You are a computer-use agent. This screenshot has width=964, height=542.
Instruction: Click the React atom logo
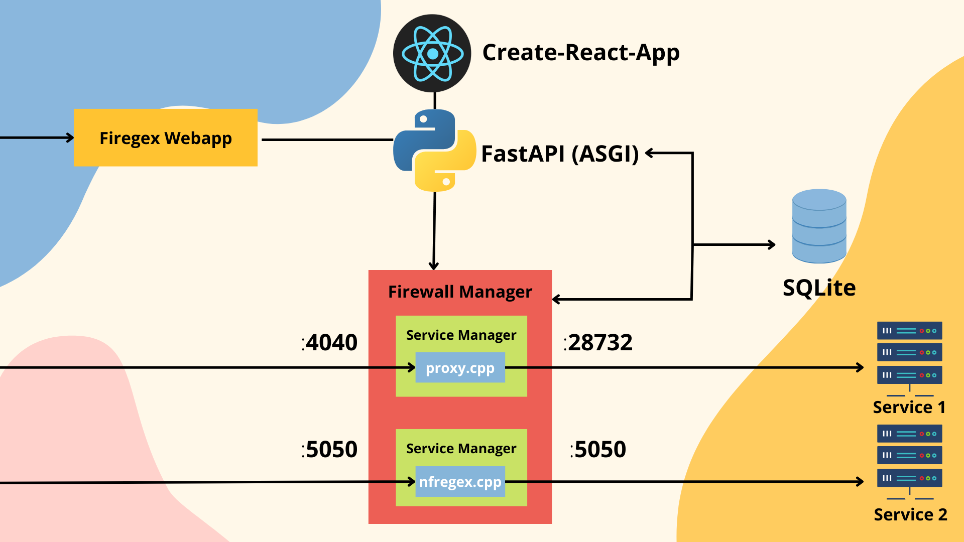pyautogui.click(x=432, y=53)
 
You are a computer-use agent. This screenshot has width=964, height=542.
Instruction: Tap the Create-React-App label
pyautogui.click(x=581, y=53)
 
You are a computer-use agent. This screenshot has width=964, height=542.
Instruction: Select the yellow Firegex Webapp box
pyautogui.click(x=166, y=138)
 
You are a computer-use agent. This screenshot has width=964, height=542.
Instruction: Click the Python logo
pyautogui.click(x=435, y=150)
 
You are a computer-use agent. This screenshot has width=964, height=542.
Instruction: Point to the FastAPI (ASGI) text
pyautogui.click(x=560, y=154)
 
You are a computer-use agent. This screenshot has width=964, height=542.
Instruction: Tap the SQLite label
pyautogui.click(x=819, y=288)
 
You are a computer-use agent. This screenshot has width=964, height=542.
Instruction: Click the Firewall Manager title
pyautogui.click(x=460, y=292)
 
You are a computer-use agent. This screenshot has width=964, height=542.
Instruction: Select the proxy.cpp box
pyautogui.click(x=460, y=368)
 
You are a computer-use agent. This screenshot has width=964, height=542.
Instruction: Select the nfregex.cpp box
pyautogui.click(x=460, y=482)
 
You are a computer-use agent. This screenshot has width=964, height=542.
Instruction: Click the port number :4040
pyautogui.click(x=330, y=343)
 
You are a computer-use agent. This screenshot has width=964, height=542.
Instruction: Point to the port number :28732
pyautogui.click(x=598, y=343)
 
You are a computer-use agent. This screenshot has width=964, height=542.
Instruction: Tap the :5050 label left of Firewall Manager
pyautogui.click(x=330, y=450)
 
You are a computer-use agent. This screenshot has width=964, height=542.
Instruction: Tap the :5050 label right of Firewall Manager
pyautogui.click(x=598, y=450)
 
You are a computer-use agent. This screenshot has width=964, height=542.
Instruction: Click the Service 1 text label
pyautogui.click(x=909, y=407)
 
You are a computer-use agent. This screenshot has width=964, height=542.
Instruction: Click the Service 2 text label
pyautogui.click(x=910, y=514)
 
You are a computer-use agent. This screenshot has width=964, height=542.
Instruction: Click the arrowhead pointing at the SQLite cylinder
pyautogui.click(x=772, y=245)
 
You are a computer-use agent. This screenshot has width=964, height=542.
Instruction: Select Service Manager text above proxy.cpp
pyautogui.click(x=461, y=335)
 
